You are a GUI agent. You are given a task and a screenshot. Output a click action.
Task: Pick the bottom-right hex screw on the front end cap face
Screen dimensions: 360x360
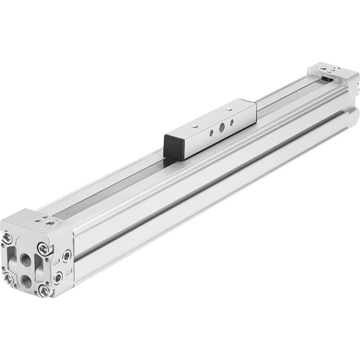pos(44,291)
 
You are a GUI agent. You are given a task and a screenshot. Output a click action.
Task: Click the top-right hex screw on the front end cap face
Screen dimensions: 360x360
pos(43,249)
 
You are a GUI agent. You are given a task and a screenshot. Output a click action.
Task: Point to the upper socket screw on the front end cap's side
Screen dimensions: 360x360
pos(66,256)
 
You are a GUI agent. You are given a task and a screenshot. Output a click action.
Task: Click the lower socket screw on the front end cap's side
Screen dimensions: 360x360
pos(58,278)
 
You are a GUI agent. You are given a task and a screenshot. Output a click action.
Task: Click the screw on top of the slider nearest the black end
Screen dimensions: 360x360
pos(193,125)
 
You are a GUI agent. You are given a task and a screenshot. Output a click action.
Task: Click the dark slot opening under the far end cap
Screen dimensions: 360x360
pos(327,80)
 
